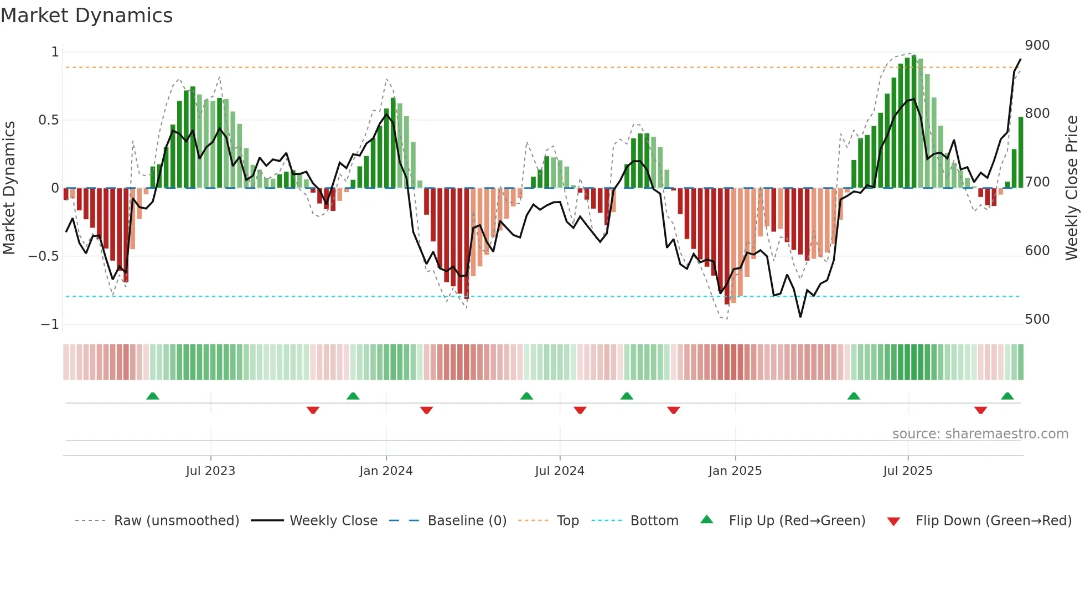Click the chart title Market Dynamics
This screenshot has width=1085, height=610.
(87, 15)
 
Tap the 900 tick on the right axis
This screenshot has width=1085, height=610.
(1037, 45)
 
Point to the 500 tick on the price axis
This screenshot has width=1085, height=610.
(1037, 319)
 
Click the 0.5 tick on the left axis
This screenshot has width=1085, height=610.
(48, 120)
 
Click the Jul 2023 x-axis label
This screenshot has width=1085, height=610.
(210, 471)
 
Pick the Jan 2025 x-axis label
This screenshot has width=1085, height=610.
(735, 471)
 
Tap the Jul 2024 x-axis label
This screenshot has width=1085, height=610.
(560, 471)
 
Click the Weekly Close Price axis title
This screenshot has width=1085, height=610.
(1072, 188)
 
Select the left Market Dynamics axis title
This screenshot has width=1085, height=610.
(9, 188)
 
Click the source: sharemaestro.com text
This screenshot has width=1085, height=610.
(980, 434)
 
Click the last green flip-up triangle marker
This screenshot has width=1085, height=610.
(1008, 396)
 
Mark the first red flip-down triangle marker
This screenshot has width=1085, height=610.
(313, 410)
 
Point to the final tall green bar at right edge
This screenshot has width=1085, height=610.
(1021, 152)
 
